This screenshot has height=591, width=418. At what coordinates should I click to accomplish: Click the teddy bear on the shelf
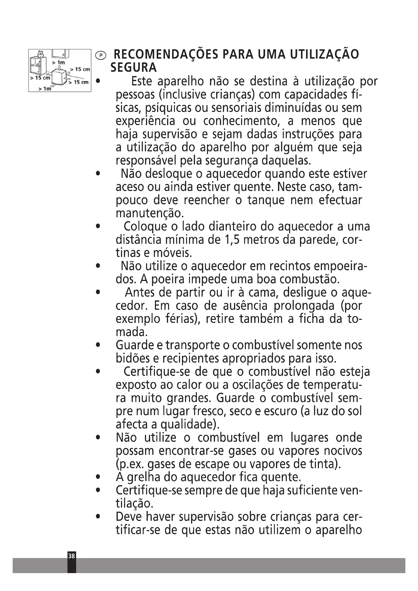40,54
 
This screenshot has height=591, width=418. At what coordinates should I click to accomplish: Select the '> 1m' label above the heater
58,63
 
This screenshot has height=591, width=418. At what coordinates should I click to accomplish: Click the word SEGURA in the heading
134,68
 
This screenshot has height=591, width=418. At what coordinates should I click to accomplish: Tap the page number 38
72,556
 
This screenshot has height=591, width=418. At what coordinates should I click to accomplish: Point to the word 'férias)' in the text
183,319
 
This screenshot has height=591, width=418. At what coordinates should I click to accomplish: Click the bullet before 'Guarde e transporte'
98,345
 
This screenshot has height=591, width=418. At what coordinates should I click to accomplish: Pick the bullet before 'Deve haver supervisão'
98,517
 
